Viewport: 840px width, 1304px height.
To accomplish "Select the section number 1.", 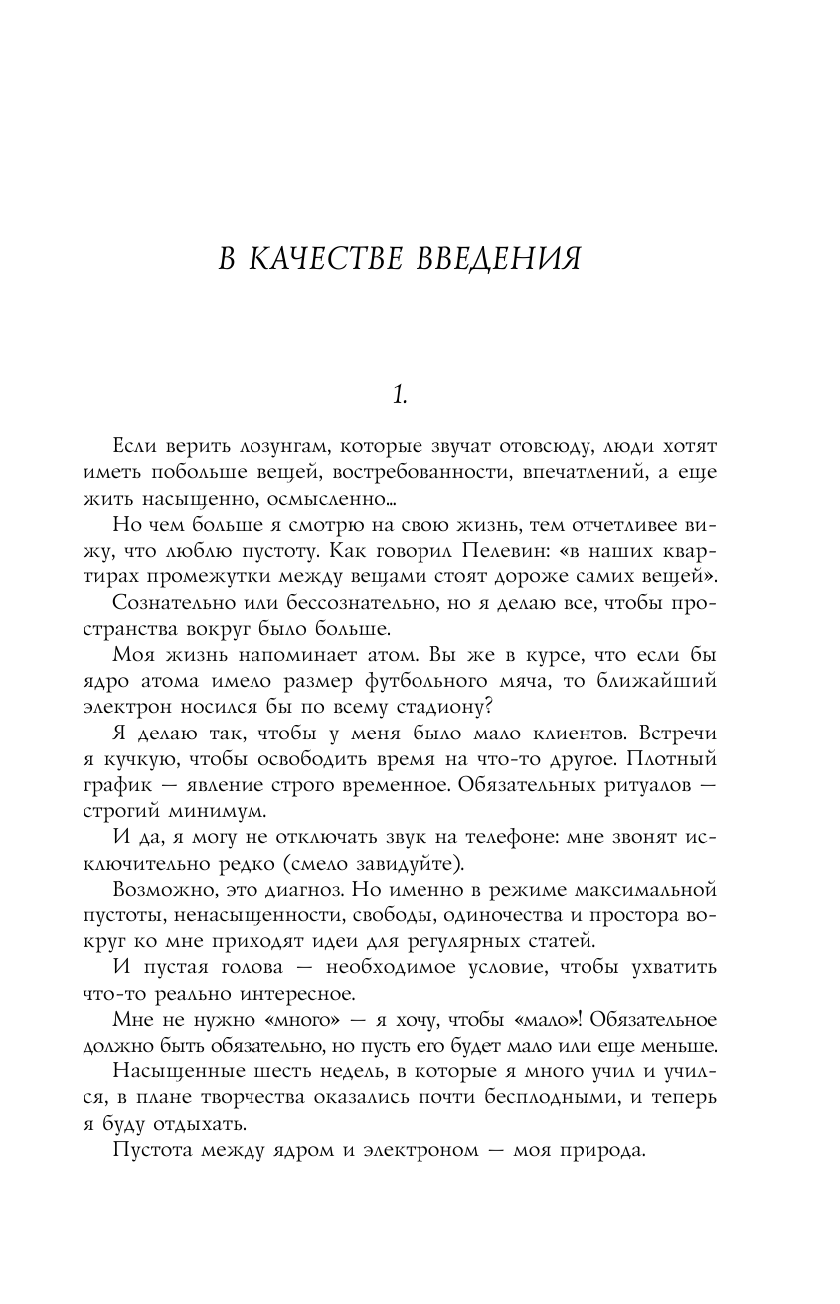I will click(x=398, y=395).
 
